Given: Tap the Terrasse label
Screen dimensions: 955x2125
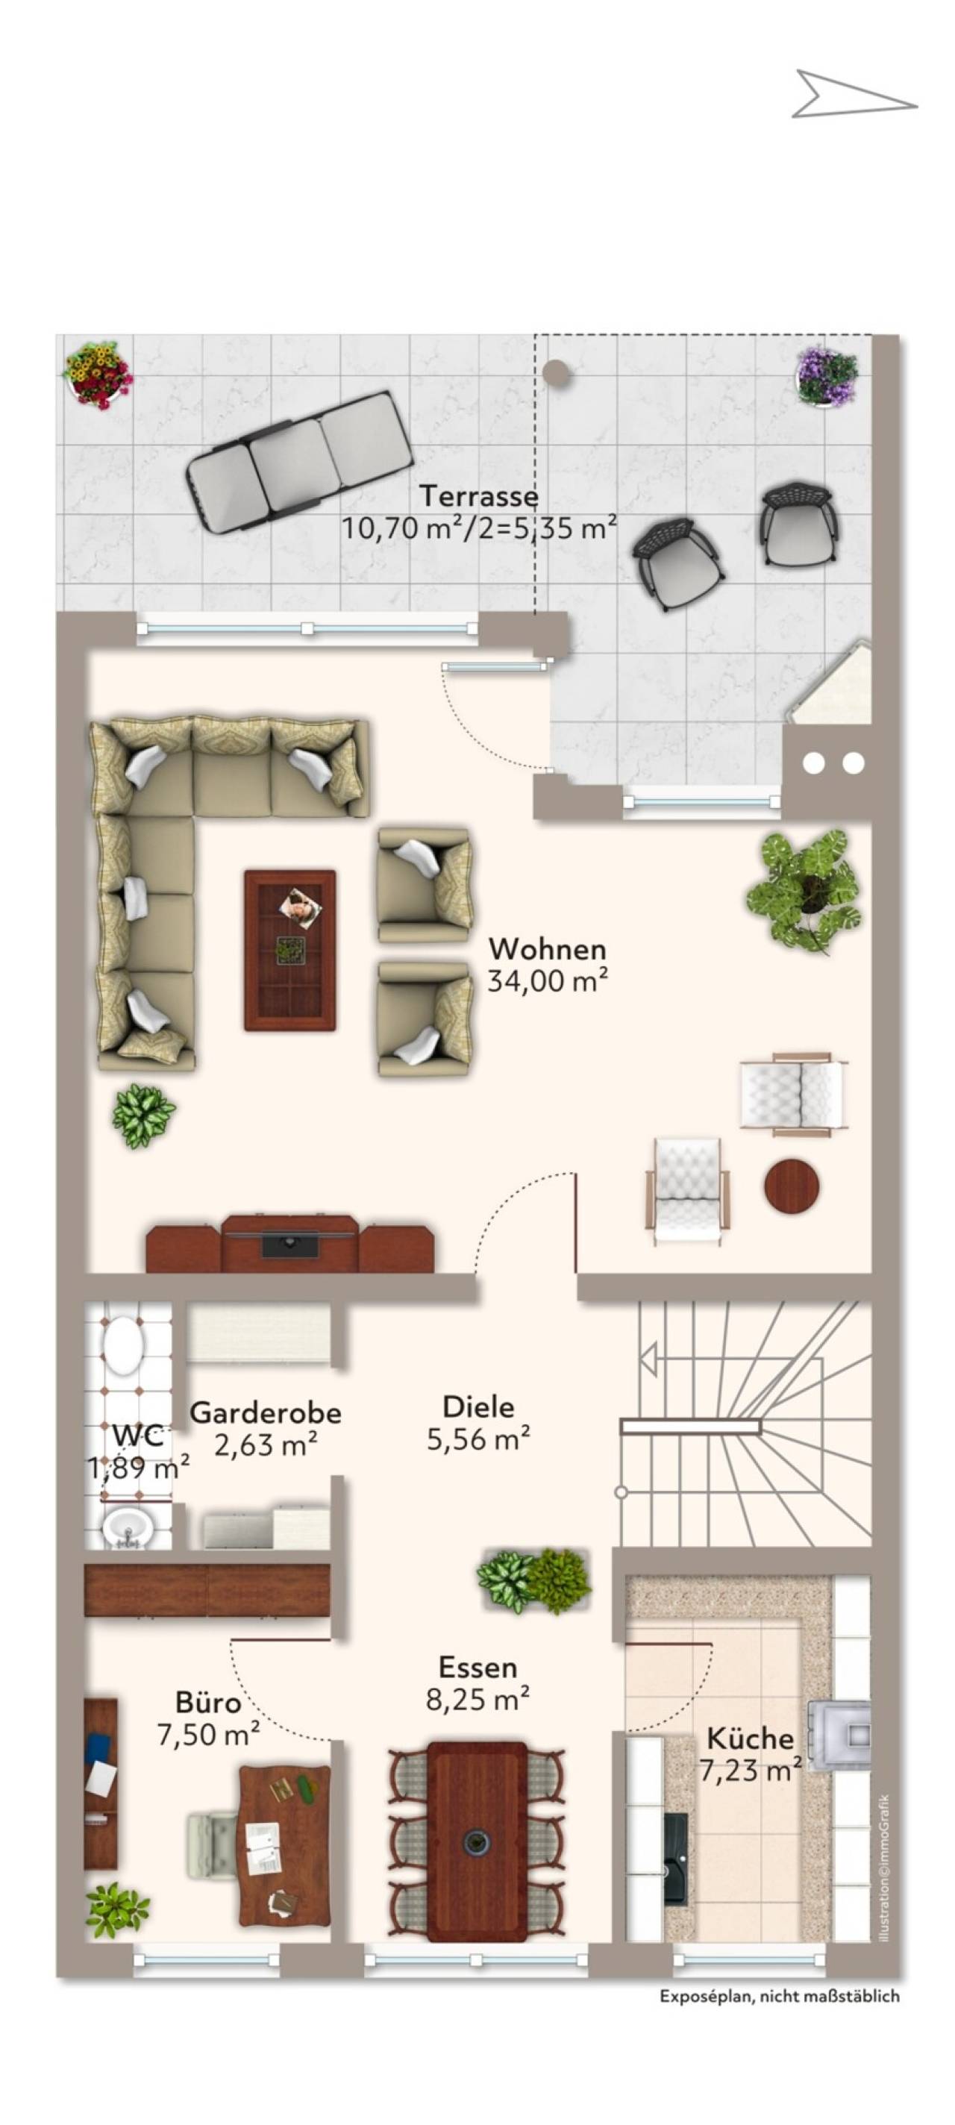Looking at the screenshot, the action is coord(479,497).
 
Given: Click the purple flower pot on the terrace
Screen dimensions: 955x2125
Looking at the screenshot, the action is coord(827,377).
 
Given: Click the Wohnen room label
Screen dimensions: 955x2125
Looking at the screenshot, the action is coord(548,948).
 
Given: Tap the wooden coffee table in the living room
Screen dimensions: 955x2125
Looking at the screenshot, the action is coord(289,951).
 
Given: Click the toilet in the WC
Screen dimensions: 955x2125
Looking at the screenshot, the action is coord(124,1345).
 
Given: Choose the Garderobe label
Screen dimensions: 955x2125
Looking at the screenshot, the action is coord(266,1413).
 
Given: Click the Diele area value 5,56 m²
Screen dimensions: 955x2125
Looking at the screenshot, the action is coord(478,1439).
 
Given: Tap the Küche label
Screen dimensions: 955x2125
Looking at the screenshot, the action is coord(751,1738).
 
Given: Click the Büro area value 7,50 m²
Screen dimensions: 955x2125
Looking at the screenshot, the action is coord(209,1735).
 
